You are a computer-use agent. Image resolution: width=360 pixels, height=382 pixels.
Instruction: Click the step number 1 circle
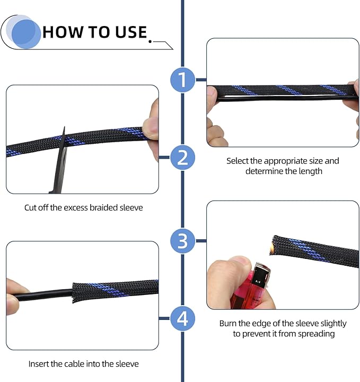[x=182, y=80]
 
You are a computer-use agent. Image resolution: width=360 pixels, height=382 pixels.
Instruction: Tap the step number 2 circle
[x=182, y=158]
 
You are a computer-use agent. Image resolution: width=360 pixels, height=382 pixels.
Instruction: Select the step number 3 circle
[x=182, y=241]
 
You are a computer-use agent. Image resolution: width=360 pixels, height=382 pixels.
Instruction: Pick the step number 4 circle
[x=182, y=319]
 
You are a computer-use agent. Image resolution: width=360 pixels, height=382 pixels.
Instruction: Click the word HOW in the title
[x=63, y=32]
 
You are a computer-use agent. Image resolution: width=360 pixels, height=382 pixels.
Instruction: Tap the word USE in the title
[x=131, y=32]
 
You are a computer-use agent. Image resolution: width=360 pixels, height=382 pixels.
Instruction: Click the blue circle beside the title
[x=26, y=34]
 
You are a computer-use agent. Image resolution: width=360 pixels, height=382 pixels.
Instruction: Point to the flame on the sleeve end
[x=271, y=248]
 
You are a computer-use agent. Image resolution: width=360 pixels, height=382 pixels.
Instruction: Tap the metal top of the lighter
[x=261, y=275]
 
